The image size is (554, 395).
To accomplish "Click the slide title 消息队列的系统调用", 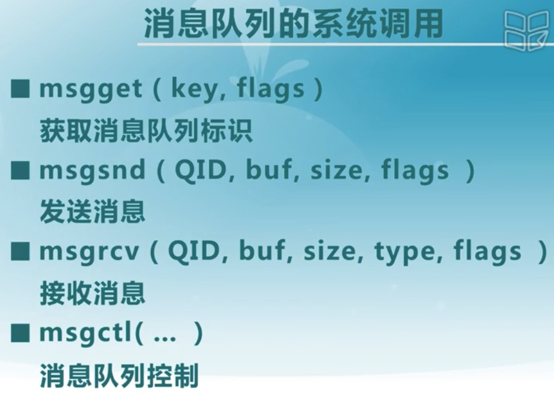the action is [294, 24].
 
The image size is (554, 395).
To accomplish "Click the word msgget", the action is [91, 88].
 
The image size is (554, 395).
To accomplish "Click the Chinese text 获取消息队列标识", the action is [146, 131].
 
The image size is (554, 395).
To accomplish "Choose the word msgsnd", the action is [92, 170].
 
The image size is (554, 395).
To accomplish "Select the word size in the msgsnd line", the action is [337, 170].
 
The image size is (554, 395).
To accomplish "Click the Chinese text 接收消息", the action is [93, 293].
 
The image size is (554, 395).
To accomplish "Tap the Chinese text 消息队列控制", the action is [119, 375].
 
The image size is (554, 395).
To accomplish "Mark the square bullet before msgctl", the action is [20, 333].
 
